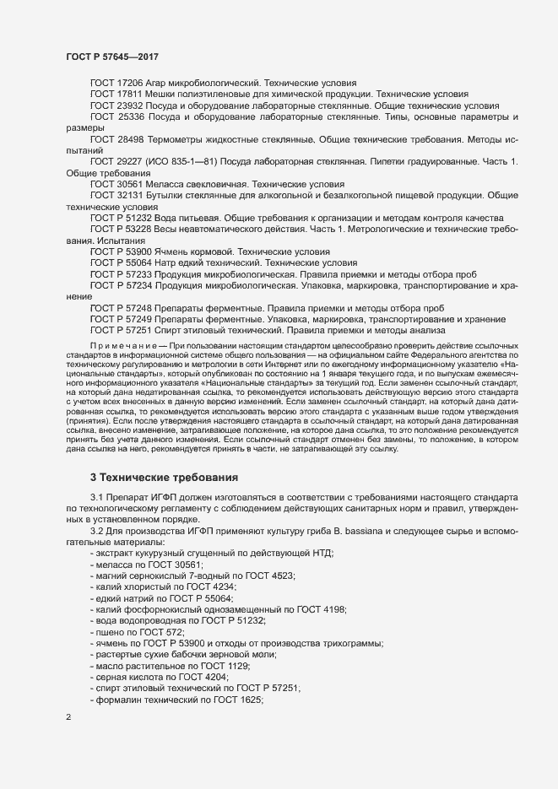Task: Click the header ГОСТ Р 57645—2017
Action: click(112, 57)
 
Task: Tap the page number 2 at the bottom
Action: click(68, 718)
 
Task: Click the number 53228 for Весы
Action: click(144, 230)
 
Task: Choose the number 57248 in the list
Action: click(144, 307)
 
